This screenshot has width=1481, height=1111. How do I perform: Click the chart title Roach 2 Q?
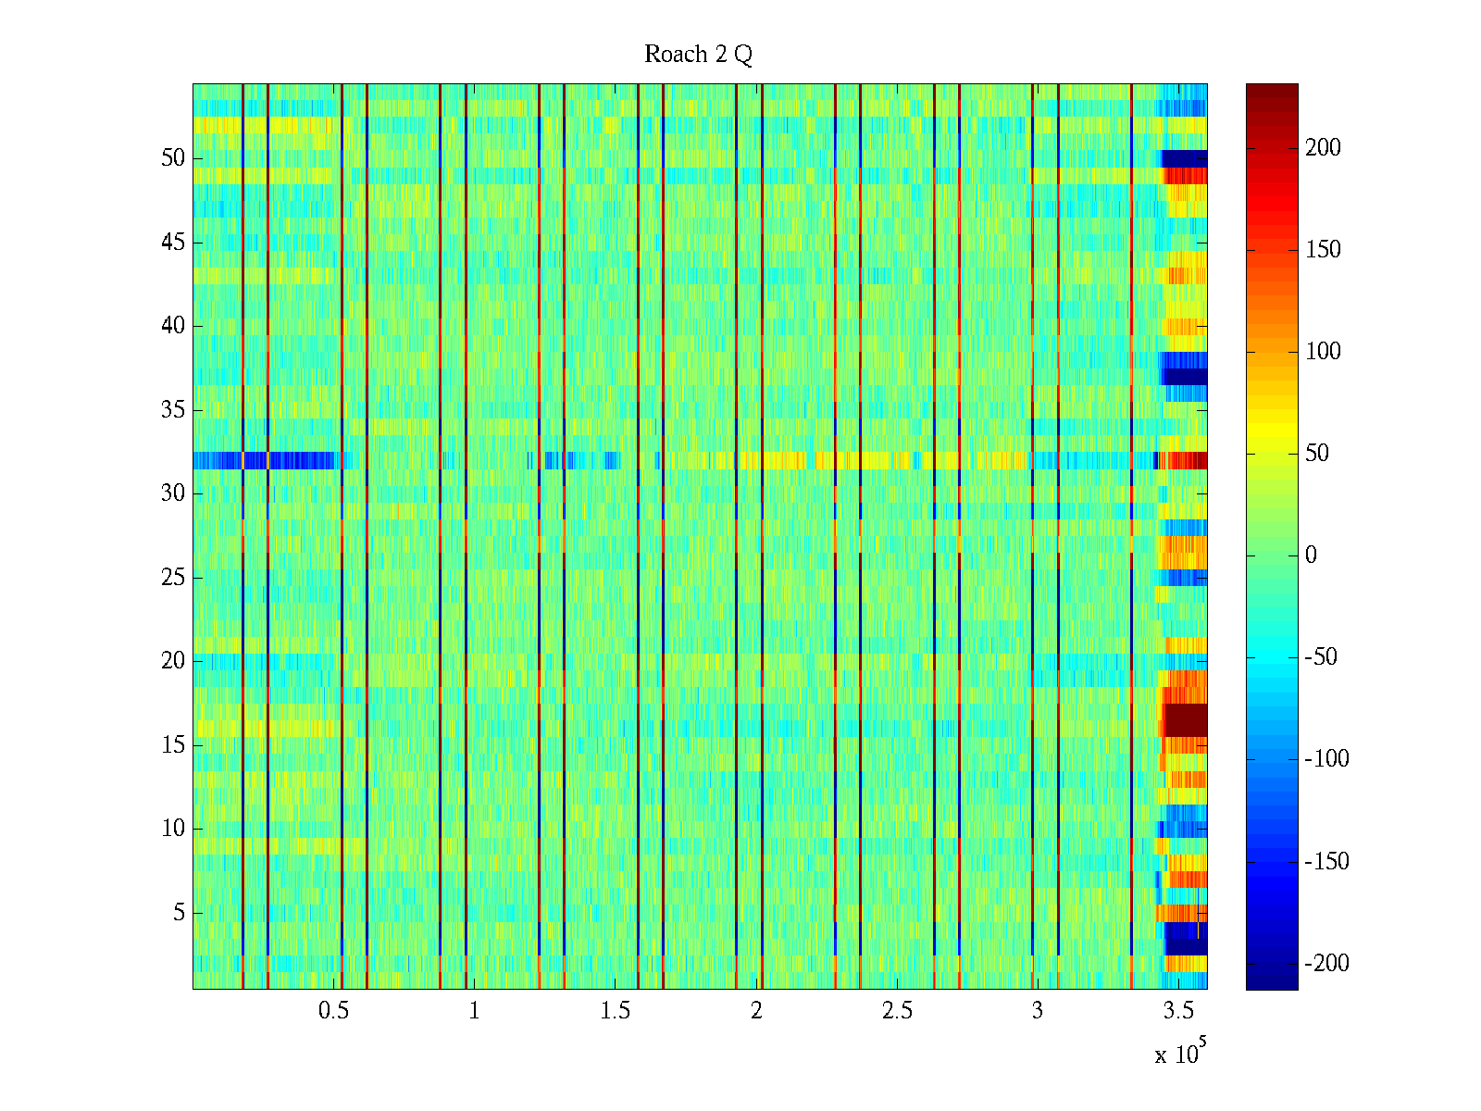[698, 55]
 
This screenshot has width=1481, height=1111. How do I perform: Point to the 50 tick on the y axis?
[173, 158]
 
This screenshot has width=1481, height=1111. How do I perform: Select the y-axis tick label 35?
[173, 410]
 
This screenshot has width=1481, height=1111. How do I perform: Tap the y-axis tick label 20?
[173, 661]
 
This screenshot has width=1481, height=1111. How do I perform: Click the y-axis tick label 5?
[179, 913]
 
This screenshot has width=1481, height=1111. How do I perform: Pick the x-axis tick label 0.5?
[333, 1011]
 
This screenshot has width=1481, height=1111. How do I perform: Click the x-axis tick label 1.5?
[615, 1011]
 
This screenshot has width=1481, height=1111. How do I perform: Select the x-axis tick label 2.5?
[897, 1011]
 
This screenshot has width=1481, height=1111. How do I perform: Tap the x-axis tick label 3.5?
[1178, 1011]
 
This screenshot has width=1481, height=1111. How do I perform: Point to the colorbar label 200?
[1323, 148]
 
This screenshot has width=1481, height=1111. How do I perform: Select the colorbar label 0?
[1311, 555]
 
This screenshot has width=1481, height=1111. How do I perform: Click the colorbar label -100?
[1327, 759]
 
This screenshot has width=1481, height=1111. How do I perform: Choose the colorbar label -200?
[1327, 964]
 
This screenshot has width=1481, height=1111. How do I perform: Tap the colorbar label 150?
[1323, 250]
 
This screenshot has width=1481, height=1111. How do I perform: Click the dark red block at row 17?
[1185, 719]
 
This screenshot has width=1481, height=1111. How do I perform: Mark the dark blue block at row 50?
[1185, 158]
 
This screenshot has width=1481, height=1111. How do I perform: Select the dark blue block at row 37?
[1185, 377]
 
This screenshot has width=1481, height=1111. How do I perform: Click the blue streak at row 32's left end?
[218, 460]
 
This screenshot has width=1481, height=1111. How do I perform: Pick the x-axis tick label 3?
[1038, 1011]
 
